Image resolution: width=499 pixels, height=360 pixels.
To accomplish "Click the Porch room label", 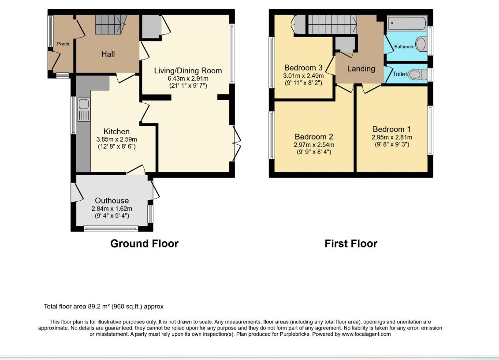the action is click(63, 44).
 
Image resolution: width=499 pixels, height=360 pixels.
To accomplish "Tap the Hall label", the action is click(108, 54).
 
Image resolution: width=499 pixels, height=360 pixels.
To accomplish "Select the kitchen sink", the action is click(84, 110).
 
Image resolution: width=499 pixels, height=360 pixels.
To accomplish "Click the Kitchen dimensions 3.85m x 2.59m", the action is click(116, 139).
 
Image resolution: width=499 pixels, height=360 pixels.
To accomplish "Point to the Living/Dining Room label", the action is click(188, 71).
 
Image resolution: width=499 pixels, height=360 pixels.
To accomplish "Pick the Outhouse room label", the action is click(112, 200).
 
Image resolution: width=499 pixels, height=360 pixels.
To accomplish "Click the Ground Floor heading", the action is click(144, 244).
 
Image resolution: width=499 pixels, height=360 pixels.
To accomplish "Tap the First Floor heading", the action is click(351, 244).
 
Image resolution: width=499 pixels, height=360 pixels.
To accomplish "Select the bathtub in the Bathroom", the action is click(407, 23).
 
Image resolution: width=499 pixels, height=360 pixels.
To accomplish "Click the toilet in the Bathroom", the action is click(421, 44).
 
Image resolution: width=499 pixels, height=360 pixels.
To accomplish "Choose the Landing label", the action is click(361, 68).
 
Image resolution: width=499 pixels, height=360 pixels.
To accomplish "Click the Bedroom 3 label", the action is click(303, 67).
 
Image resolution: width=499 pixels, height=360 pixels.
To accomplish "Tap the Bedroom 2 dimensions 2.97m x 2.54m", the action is click(314, 145).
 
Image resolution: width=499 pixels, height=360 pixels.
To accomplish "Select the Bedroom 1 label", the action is click(391, 129).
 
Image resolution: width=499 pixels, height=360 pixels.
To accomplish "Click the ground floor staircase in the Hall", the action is click(111, 24).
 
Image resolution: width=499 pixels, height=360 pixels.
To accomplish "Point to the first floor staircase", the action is click(332, 24).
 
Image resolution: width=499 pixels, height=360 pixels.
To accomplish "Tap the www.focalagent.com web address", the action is click(366, 334).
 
